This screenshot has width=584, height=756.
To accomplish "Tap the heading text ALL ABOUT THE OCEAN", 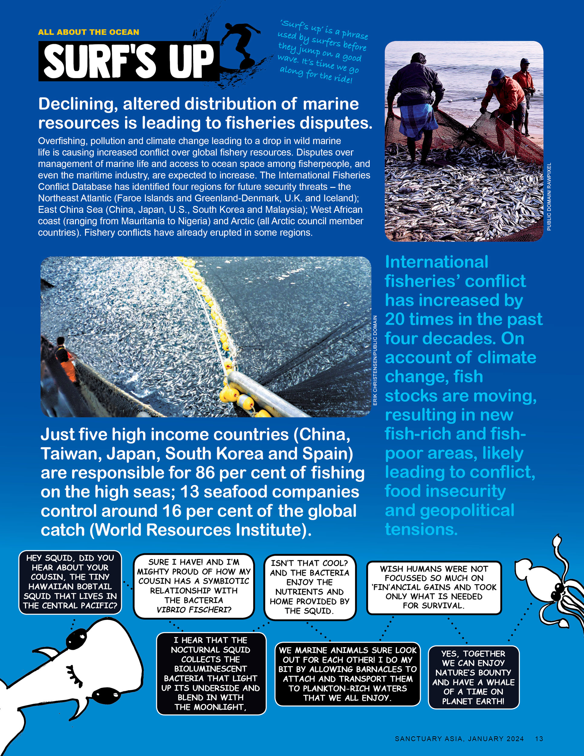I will click(x=89, y=32).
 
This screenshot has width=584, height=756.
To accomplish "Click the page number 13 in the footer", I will click(x=539, y=738).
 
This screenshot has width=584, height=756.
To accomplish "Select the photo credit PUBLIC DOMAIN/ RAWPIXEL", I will click(x=549, y=197).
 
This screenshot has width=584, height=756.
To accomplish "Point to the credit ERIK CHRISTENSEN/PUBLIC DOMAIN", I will click(x=375, y=360).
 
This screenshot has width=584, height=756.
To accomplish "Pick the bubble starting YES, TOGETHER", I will click(x=473, y=677).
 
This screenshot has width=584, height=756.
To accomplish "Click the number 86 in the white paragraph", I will click(x=205, y=473).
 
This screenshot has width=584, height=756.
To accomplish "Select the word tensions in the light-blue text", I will click(x=421, y=529).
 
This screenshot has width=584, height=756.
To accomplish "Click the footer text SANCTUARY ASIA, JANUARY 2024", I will click(x=459, y=738).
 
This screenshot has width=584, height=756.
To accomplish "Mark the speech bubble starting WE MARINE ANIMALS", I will click(x=347, y=674).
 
